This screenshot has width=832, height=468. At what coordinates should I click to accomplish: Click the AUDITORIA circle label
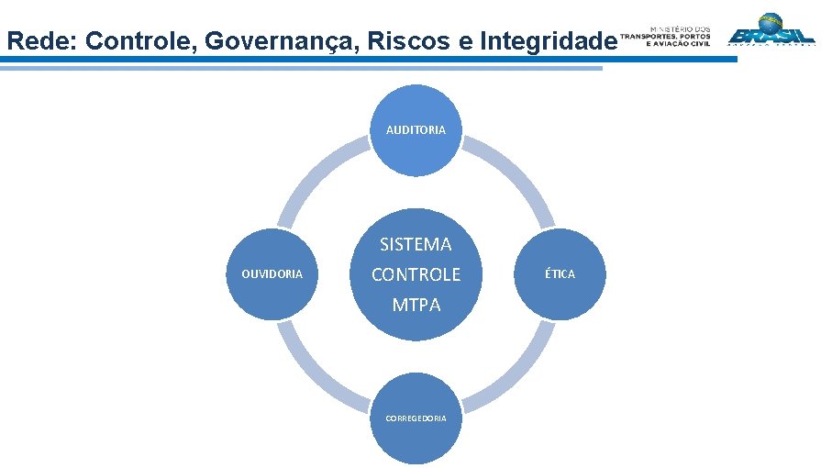(416, 130)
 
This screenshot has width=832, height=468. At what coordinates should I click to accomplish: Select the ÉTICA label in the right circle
(560, 274)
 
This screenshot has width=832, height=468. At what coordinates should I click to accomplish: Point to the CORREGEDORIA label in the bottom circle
(416, 418)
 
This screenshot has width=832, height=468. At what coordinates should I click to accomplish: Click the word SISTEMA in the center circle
(416, 244)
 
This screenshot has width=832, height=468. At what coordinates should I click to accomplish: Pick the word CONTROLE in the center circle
(416, 274)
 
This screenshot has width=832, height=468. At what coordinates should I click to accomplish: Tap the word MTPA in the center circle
(416, 305)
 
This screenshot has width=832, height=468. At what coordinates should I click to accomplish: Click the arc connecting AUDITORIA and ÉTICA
(519, 174)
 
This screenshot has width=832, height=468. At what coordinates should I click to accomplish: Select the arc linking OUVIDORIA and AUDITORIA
(314, 174)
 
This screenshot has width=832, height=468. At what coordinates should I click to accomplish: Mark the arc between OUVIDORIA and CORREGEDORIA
(314, 374)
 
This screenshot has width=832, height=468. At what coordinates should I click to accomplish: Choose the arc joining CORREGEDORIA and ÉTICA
(519, 374)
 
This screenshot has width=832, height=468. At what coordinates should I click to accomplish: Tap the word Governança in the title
(269, 41)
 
